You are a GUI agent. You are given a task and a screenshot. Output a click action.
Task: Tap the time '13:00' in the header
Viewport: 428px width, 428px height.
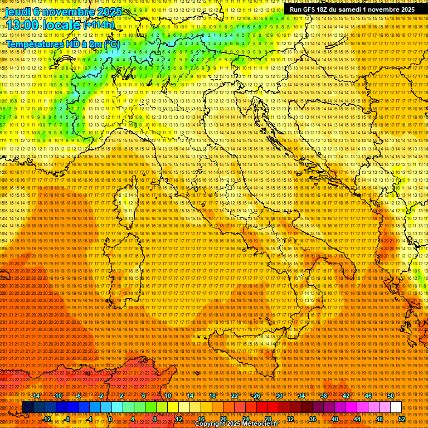click(23, 25)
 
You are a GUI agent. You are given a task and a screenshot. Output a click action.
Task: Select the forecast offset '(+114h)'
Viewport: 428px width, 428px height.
click(99, 25)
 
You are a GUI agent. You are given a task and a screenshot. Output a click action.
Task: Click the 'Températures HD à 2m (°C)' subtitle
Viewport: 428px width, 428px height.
click(62, 43)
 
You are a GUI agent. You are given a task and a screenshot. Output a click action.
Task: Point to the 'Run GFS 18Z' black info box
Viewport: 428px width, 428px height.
click(352, 9)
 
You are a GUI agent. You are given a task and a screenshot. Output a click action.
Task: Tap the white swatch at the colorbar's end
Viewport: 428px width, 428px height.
click(396, 407)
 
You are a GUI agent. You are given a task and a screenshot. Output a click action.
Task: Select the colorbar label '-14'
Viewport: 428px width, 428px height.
click(36, 395)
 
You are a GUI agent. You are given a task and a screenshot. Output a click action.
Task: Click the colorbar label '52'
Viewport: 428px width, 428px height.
click(401, 419)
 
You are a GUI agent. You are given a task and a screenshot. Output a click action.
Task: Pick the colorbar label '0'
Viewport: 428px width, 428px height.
click(110, 419)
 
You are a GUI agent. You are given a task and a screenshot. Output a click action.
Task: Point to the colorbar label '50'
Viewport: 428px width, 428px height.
click(390, 395)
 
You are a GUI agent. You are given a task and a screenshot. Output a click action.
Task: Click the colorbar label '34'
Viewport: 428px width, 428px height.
click(301, 395)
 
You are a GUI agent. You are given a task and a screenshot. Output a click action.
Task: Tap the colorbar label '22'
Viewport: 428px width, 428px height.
click(235, 395)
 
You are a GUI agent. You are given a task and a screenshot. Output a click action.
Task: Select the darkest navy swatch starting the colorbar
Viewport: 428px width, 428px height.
click(28, 407)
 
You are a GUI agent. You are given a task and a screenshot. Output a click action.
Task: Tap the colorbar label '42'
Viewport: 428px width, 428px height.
click(346, 395)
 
